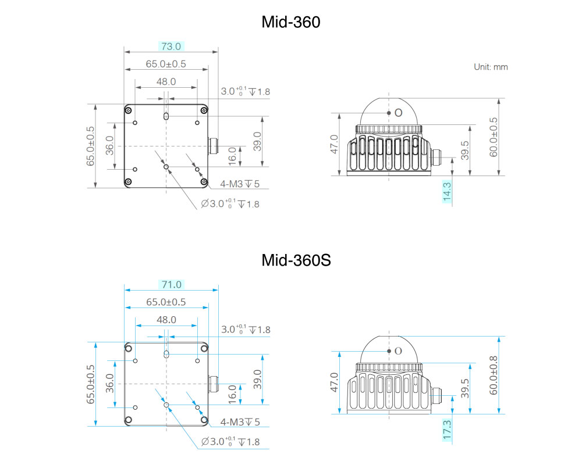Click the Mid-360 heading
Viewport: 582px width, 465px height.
tap(290, 22)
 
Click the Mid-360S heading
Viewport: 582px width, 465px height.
tap(296, 260)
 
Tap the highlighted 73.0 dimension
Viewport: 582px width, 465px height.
tap(171, 46)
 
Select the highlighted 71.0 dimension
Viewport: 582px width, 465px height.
tap(172, 284)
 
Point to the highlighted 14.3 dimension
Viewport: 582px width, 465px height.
tap(447, 192)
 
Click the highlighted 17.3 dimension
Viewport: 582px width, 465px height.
tap(447, 430)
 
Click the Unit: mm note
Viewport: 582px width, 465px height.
tap(491, 67)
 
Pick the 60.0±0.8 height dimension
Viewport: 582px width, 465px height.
tap(494, 375)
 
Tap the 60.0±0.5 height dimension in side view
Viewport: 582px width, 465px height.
tap(494, 137)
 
